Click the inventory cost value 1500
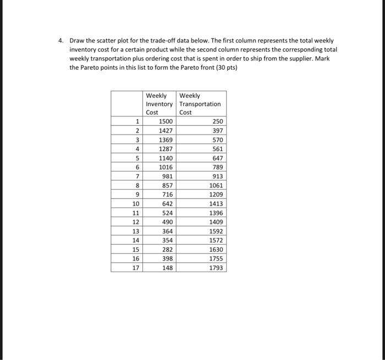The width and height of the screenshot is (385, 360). click(x=166, y=121)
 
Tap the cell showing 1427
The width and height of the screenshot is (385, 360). click(x=166, y=131)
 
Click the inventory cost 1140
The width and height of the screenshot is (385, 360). click(x=166, y=158)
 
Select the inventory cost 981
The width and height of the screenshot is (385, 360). click(x=167, y=176)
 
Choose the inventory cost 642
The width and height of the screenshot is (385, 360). click(x=167, y=204)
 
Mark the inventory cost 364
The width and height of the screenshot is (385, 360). click(x=167, y=231)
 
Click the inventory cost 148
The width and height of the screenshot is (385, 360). click(x=167, y=268)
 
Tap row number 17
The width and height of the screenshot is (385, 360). click(x=135, y=268)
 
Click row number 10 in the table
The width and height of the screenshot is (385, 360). click(x=135, y=204)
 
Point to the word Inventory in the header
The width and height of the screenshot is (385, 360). click(x=159, y=104)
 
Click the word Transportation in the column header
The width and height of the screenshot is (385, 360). click(x=200, y=104)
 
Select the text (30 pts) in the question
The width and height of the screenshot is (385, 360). click(x=226, y=67)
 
